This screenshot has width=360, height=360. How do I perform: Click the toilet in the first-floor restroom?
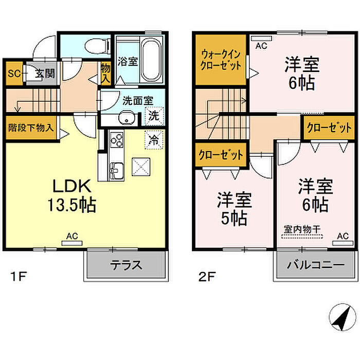click(97, 46)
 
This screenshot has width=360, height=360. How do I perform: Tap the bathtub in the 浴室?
click(151, 60)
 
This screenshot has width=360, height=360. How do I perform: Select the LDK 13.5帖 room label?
click(72, 195)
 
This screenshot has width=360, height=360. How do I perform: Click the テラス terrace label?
click(126, 265)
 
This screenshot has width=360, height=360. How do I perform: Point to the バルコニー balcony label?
click(316, 265)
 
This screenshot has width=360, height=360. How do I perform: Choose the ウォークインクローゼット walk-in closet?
click(221, 60)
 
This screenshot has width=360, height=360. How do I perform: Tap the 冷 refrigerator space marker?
click(154, 139)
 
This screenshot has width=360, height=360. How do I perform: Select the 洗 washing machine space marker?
click(154, 116)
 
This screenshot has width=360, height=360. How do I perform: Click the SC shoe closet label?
click(14, 74)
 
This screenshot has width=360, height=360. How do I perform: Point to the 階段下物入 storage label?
click(31, 128)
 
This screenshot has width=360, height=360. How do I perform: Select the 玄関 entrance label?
click(45, 74)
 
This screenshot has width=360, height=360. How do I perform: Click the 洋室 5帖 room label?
click(235, 208)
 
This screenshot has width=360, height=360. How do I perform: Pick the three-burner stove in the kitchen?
click(117, 140)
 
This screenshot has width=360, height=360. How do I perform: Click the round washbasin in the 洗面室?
click(126, 118)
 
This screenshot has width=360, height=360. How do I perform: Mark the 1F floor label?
click(19, 276)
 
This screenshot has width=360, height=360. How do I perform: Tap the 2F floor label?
click(206, 276)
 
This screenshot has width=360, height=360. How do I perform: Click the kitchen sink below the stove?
click(117, 170)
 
